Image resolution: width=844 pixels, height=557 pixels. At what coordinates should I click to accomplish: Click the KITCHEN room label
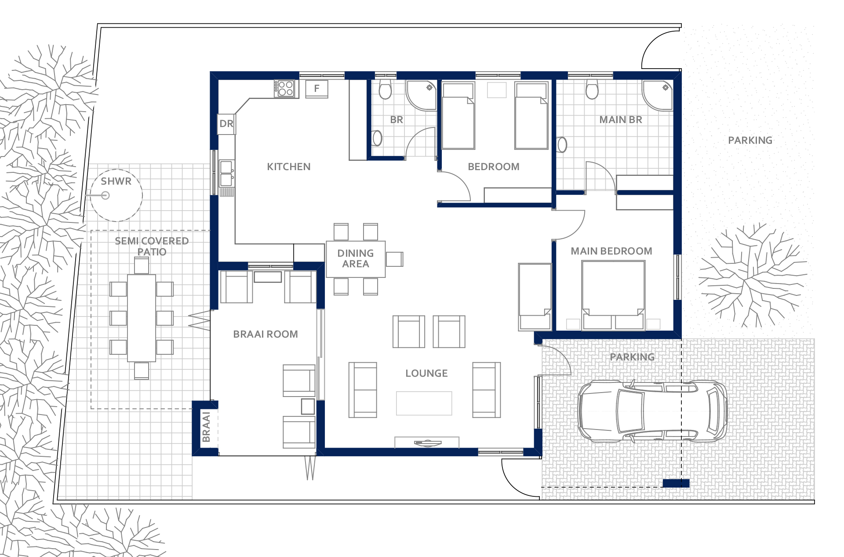[288, 167]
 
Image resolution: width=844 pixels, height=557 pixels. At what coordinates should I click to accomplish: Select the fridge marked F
[316, 89]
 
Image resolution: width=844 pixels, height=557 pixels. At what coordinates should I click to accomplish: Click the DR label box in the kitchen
[226, 124]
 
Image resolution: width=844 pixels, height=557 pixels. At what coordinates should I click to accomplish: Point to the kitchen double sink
[226, 173]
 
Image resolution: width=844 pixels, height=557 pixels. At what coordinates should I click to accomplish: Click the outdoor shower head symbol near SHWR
[105, 195]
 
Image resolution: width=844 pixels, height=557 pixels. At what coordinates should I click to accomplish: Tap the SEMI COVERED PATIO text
[152, 246]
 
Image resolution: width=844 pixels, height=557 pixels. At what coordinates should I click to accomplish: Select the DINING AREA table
[356, 259]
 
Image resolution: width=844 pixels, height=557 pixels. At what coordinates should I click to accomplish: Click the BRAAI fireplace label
[206, 426]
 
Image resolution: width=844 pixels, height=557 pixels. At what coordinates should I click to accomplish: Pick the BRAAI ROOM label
[266, 334]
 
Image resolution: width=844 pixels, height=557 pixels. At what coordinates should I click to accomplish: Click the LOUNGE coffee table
[424, 403]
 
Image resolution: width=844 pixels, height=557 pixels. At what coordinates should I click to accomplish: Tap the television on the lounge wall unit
[427, 443]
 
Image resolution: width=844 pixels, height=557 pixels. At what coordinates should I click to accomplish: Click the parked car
[652, 411]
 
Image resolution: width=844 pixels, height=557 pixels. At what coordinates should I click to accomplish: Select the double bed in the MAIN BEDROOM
[613, 295]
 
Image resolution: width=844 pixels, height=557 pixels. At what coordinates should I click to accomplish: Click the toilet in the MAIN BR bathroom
[592, 90]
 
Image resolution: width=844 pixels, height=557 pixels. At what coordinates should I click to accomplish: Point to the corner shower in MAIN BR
[657, 95]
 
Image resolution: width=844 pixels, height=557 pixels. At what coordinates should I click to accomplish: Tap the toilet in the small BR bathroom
[385, 90]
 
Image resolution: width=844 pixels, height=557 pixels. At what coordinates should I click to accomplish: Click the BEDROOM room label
[494, 167]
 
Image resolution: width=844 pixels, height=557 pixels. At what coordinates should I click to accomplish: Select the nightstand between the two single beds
[497, 90]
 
